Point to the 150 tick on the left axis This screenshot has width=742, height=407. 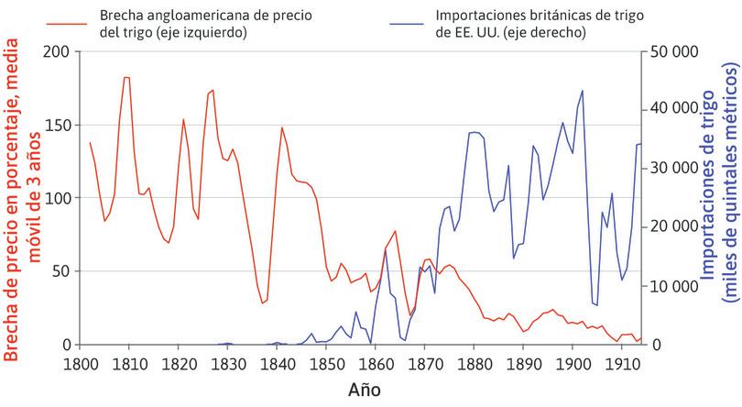[x=57, y=125]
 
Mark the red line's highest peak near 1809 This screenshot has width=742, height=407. [x=126, y=78]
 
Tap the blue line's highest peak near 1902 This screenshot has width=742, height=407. [x=582, y=91]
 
